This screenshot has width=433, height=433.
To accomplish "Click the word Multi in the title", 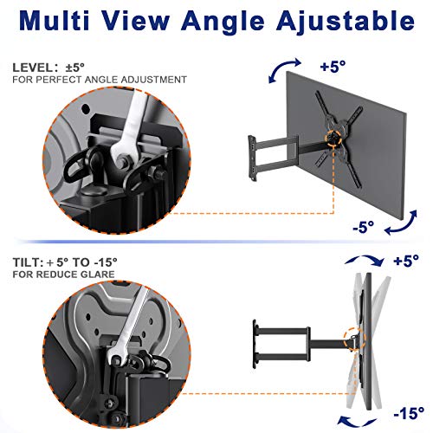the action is [55, 20].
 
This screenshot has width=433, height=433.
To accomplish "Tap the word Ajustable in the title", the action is [346, 22].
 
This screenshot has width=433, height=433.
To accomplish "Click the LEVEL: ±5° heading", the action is [48, 68].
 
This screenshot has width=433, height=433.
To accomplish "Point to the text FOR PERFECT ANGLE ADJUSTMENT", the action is [100, 80].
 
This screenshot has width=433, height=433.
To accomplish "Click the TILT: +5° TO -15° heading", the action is [65, 262].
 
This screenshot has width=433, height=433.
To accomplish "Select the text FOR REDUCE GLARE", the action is [63, 275].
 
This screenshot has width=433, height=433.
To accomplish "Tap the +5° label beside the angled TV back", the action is [333, 67].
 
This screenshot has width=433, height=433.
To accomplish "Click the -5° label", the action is [364, 227].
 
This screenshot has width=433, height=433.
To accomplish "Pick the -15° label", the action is [409, 413].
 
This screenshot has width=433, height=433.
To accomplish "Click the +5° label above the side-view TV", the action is [406, 261].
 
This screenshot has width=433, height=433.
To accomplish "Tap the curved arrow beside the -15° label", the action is [358, 423].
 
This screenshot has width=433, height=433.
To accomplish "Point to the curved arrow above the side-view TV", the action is [365, 258].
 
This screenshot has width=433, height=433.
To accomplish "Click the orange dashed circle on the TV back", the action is [334, 139].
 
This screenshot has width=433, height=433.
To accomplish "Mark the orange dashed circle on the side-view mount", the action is [355, 339].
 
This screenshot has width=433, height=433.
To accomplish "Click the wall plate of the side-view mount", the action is [255, 344].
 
